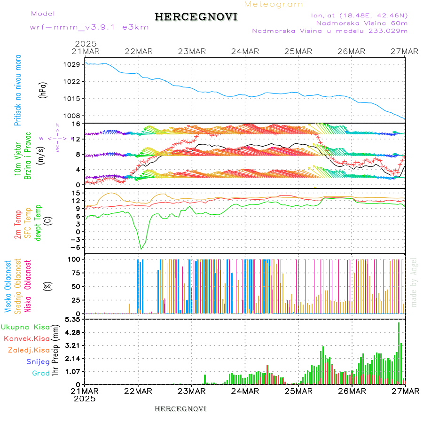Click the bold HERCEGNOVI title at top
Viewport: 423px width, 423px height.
point(196,17)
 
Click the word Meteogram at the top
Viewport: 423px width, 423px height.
point(274,4)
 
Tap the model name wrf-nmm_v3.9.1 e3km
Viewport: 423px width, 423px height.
point(89,27)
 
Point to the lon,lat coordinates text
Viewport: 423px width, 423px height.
point(359,15)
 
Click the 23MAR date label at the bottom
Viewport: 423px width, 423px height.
point(191,391)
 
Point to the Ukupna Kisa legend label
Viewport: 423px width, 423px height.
point(23,327)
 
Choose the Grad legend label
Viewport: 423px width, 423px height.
point(40,373)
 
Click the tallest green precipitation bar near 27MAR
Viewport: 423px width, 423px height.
point(399,352)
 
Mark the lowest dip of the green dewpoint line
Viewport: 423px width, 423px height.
point(141,249)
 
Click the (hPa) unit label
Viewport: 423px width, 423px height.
point(44,90)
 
